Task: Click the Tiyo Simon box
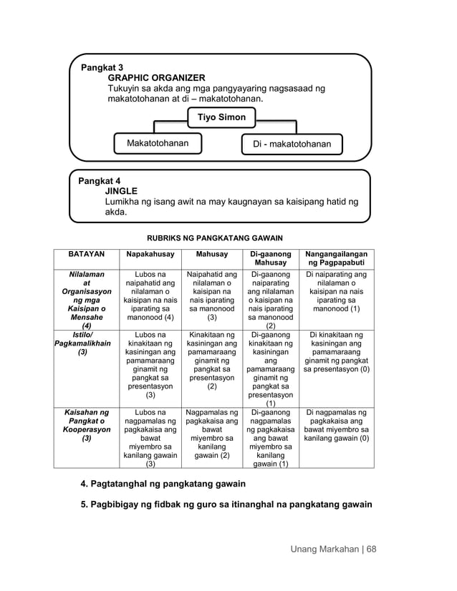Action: point(221,117)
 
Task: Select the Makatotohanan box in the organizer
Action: point(158,144)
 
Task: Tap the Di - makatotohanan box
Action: point(292,145)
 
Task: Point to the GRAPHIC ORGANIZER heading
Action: point(156,78)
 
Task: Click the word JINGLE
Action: point(121,192)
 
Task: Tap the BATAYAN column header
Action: point(86,254)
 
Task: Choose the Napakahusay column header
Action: point(150,254)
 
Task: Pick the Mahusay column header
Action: point(211,254)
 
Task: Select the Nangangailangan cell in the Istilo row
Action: point(336,352)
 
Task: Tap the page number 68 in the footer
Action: point(371,550)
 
